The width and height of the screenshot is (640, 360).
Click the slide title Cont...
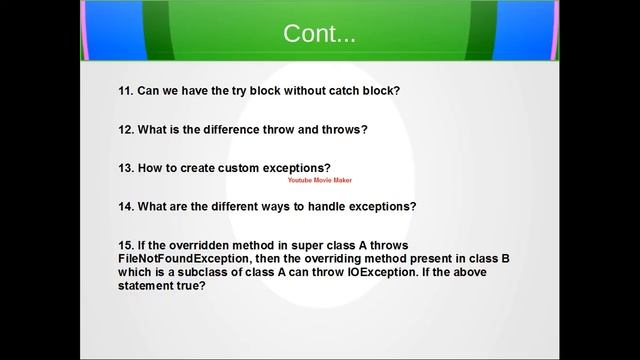[319, 33]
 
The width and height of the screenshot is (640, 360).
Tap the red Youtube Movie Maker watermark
[319, 181]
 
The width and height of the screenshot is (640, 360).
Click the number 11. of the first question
[127, 91]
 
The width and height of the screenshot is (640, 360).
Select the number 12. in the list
[127, 129]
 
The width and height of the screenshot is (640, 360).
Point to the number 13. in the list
[127, 167]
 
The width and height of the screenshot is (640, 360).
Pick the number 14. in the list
[127, 207]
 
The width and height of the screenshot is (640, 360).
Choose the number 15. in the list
[127, 245]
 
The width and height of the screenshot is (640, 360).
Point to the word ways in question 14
[287, 207]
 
